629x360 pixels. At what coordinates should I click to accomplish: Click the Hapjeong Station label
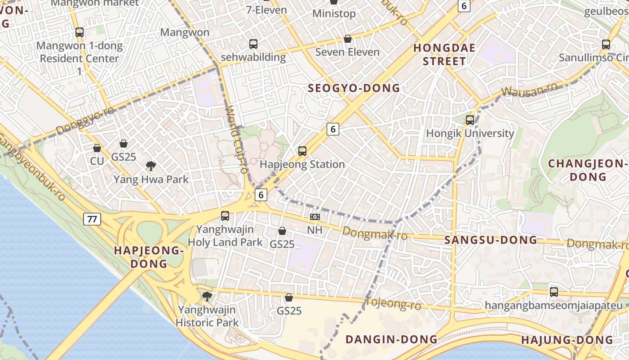pos(302,164)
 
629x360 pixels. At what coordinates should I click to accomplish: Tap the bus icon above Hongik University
pos(470,120)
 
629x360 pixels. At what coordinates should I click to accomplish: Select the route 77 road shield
pos(92,220)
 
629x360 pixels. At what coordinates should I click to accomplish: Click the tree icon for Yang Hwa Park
pos(151,166)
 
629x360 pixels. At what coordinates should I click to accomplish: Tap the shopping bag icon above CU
pos(97,148)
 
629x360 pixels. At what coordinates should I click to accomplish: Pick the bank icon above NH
pos(315,217)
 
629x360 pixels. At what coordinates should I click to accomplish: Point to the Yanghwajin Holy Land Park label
pos(225,236)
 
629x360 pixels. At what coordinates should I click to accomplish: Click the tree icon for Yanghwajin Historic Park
pos(207,296)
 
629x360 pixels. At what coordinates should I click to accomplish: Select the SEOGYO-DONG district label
pos(354,88)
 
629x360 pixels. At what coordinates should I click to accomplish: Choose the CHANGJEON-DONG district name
pos(588,170)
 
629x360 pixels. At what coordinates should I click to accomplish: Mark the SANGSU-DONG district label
pos(491,240)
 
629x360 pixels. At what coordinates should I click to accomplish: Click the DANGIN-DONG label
pos(391,339)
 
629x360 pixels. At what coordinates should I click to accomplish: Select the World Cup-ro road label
pos(236,139)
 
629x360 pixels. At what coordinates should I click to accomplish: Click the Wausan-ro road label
pos(529,89)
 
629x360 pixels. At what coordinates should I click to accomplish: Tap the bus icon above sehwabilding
pos(253,44)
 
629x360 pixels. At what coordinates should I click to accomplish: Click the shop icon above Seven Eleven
pos(347,39)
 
